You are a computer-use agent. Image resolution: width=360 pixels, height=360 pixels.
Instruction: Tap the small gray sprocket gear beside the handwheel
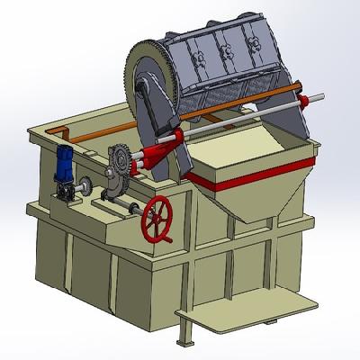[117, 166]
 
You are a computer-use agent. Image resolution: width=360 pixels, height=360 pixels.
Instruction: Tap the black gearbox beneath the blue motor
[66, 192]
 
